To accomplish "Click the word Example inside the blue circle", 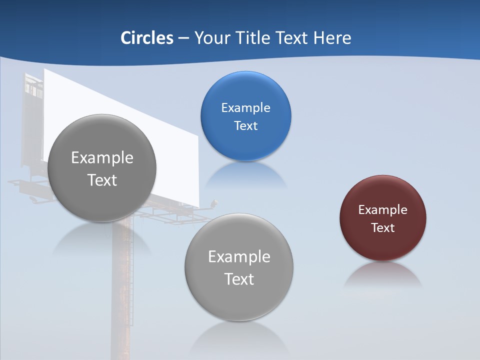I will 245,108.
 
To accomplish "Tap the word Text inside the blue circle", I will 245,126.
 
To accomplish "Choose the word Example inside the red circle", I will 383,210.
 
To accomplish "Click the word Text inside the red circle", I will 383,228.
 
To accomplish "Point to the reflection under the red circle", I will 383,275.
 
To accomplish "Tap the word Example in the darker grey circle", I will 102,158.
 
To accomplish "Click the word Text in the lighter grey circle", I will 239,279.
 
